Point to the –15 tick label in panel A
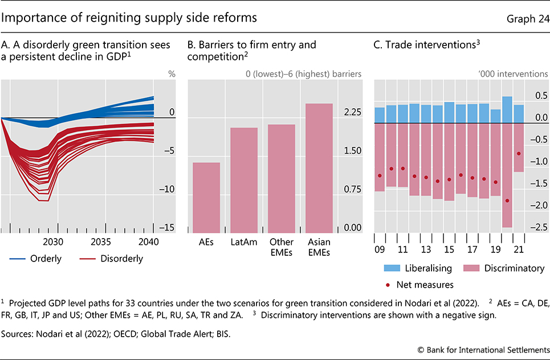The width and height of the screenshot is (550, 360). (x=167, y=228)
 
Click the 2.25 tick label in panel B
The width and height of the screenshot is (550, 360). (x=353, y=113)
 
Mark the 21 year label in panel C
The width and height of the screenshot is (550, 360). (x=519, y=249)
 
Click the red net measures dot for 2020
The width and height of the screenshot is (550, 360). (x=507, y=201)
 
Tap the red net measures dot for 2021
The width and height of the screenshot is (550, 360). (x=519, y=153)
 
